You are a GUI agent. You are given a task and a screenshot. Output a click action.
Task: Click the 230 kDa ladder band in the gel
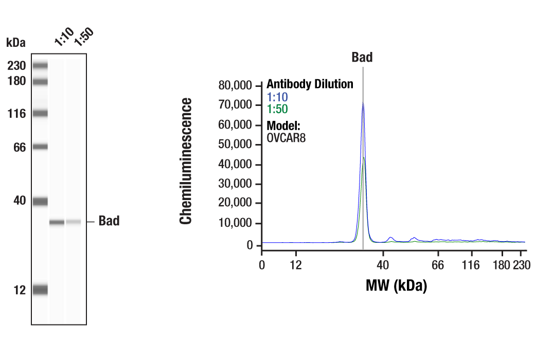click(x=40, y=65)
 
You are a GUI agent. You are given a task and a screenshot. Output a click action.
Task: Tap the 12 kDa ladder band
click(x=40, y=290)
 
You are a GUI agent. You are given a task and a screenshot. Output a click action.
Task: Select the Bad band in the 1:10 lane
click(x=57, y=222)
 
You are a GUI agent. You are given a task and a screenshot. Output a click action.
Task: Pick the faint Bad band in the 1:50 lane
click(x=74, y=222)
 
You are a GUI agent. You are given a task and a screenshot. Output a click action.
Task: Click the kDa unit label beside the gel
click(x=15, y=42)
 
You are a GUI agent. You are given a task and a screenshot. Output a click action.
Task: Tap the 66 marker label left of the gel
click(x=20, y=148)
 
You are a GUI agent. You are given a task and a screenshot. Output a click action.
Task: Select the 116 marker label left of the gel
click(x=17, y=114)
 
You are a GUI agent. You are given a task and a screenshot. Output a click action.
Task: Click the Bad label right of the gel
click(x=109, y=221)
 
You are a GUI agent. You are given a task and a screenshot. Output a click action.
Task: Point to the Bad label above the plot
click(x=362, y=57)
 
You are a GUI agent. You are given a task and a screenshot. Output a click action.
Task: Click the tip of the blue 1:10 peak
click(x=363, y=102)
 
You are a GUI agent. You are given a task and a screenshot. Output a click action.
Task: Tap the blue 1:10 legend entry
click(x=277, y=97)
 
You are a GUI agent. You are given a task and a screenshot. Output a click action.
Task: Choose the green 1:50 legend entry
click(x=277, y=109)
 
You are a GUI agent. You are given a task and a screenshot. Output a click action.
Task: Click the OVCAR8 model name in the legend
click(x=286, y=137)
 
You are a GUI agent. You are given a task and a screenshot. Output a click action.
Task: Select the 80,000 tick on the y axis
click(x=236, y=85)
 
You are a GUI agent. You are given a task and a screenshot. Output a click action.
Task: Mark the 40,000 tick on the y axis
click(x=236, y=165)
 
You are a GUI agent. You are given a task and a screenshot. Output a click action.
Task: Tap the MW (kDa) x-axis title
click(x=397, y=285)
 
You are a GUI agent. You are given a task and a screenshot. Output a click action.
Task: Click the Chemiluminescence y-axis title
click(x=186, y=161)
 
